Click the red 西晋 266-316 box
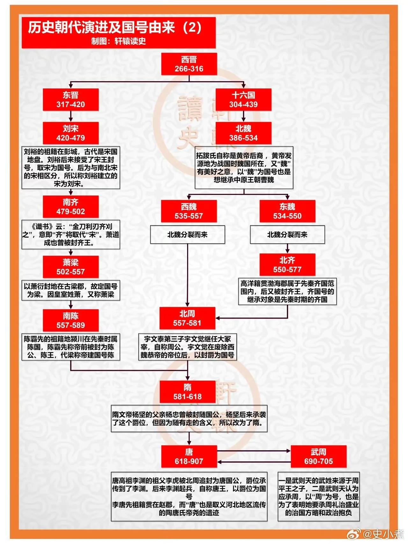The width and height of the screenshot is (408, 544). [189, 64]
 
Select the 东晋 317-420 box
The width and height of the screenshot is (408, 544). [71, 100]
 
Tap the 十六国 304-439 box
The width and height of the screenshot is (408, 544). [244, 100]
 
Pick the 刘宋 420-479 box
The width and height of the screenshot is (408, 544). [71, 133]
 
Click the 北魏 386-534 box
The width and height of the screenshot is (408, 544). [244, 133]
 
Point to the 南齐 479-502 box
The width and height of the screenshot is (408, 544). [71, 207]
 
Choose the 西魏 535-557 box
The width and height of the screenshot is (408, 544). [189, 211]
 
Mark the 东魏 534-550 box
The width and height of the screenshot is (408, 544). [287, 211]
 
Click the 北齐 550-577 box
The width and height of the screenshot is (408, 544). [287, 265]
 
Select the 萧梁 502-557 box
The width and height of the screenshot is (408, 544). [71, 267]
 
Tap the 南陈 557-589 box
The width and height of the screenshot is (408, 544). [71, 321]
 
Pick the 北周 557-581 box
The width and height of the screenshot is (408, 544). [187, 319]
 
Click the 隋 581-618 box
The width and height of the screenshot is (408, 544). [187, 392]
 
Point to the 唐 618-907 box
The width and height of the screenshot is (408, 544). [189, 457]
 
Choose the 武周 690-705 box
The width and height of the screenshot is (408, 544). [318, 457]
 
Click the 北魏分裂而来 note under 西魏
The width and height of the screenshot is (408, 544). [187, 235]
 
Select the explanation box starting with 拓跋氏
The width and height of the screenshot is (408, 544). [244, 168]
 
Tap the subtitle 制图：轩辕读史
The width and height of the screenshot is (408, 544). [119, 41]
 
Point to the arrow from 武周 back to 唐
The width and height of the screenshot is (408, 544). [253, 462]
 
